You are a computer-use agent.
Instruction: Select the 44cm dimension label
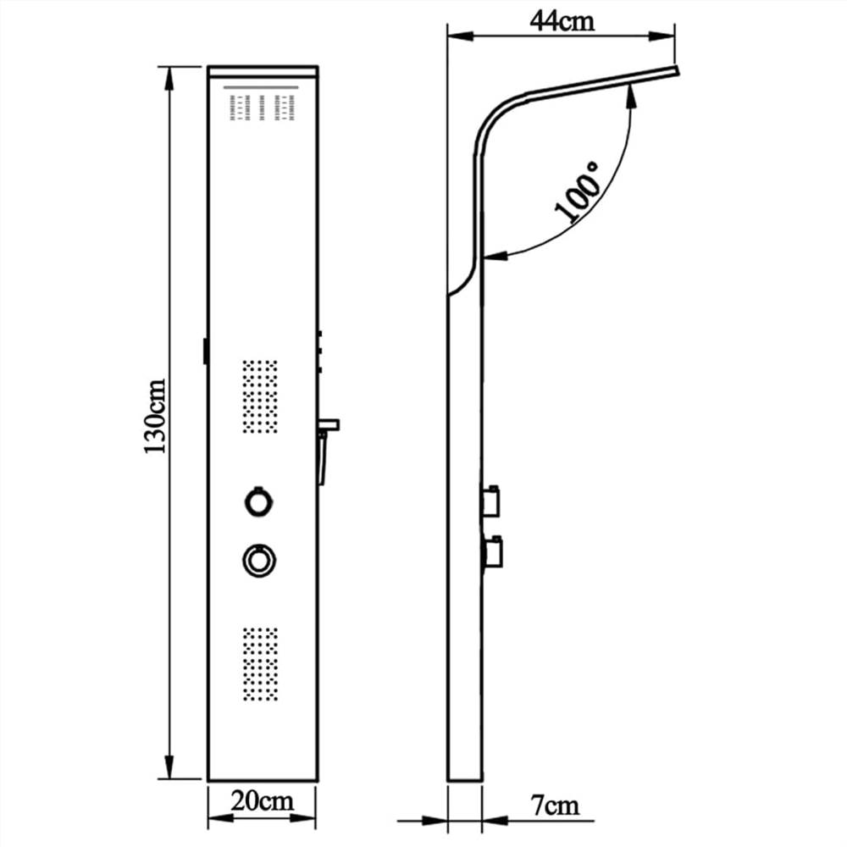[x=562, y=20]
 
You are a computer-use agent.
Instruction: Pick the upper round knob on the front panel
[x=259, y=501]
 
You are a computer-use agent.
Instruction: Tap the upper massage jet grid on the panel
[x=261, y=396]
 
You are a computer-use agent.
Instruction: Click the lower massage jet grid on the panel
[x=260, y=664]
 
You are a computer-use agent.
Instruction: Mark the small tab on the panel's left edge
[x=205, y=351]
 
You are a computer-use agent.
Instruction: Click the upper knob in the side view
[x=491, y=499]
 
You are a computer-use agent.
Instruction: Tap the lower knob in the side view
[x=491, y=552]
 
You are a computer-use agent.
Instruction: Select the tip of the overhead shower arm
[x=676, y=71]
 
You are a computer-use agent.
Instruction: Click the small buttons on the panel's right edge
[x=322, y=351]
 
